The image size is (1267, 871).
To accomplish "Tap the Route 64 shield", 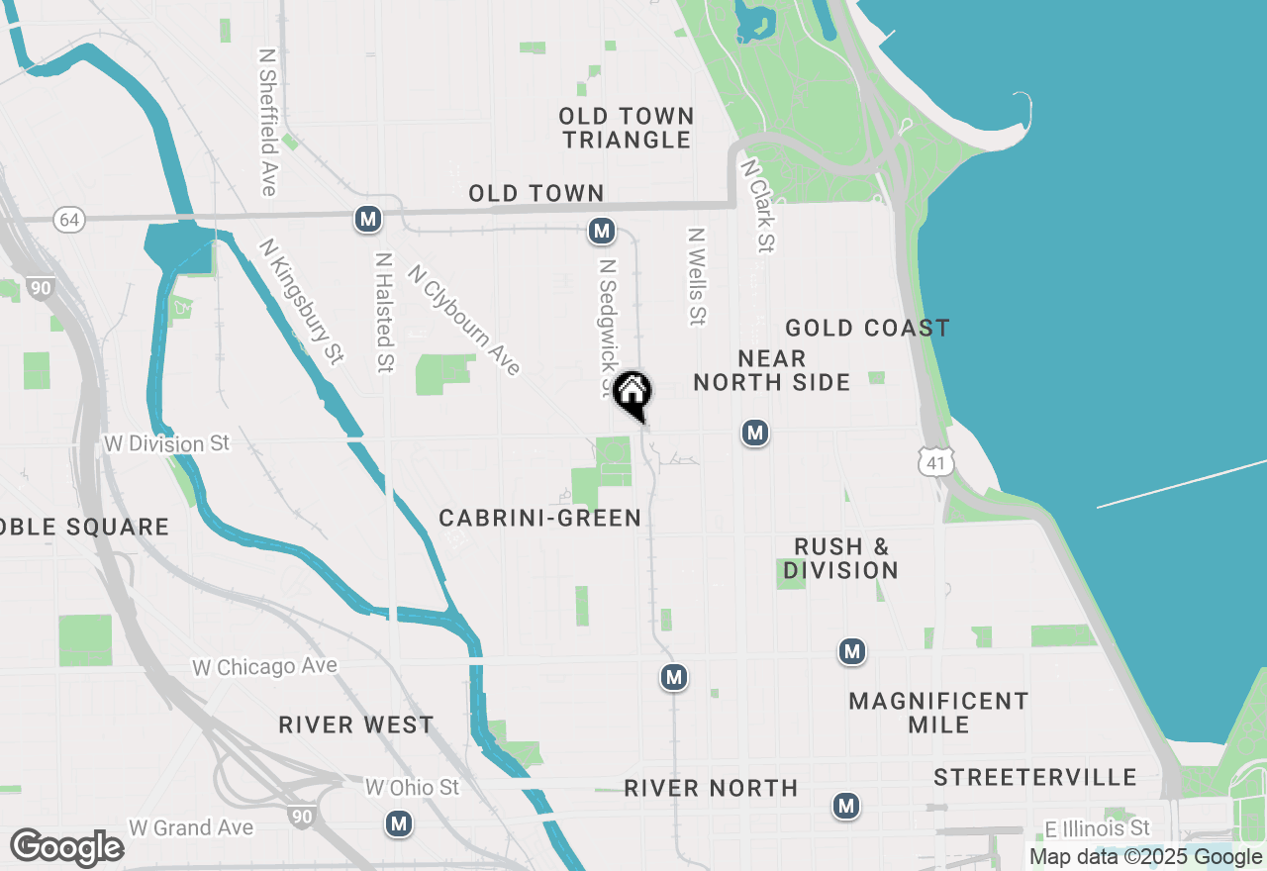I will (69, 220).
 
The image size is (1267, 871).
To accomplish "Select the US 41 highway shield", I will (935, 460).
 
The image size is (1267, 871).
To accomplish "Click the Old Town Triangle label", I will (627, 128).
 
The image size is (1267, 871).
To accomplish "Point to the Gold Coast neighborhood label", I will (867, 328).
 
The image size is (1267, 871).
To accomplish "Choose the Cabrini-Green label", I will (540, 518).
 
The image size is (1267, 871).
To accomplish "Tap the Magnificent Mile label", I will (938, 713).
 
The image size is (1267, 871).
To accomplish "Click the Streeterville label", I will (1034, 776).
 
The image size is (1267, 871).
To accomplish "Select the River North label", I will (711, 788).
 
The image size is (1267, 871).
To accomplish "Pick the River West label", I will (355, 725).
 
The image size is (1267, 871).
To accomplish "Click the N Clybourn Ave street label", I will (463, 319).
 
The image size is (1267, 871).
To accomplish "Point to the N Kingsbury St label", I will (301, 302).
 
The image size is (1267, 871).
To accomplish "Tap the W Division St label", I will (166, 443).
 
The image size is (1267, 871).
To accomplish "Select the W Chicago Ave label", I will (264, 667).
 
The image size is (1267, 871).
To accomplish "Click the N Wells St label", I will (697, 277).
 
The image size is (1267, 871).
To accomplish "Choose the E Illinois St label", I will (1098, 827).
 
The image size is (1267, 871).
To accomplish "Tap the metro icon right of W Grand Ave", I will (399, 823).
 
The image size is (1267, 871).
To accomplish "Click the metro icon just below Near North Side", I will (755, 433).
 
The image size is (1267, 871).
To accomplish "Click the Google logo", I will (67, 847).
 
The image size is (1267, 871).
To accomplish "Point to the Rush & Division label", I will (841, 558).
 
